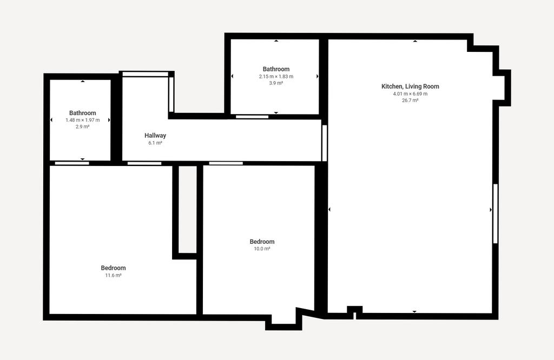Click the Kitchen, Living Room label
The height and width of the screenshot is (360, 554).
[410, 86]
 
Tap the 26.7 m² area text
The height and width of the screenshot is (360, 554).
[410, 101]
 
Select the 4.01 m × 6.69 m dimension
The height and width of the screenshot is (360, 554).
[410, 94]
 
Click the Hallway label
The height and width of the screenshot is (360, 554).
[155, 136]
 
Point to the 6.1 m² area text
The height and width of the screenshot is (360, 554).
[155, 143]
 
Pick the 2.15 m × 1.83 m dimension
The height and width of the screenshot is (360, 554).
[276, 77]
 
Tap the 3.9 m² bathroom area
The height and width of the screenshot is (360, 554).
[276, 83]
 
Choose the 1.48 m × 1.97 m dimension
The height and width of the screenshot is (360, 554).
[82, 120]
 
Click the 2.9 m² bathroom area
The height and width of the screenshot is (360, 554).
[82, 126]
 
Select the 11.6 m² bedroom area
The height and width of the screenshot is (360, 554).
[113, 275]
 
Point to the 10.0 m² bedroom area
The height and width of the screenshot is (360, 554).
[262, 249]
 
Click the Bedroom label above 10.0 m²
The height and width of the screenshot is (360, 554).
[262, 242]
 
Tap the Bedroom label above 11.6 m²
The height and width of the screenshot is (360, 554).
[113, 268]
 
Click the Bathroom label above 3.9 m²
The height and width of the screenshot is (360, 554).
[276, 69]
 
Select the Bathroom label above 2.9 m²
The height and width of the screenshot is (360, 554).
[82, 113]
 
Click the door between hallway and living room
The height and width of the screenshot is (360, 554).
[325, 143]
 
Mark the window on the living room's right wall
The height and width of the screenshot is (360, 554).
[496, 214]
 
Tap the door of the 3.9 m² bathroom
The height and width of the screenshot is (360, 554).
[252, 117]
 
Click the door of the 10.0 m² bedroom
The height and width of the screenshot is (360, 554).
[226, 163]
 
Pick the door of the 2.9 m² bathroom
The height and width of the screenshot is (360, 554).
[72, 163]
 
